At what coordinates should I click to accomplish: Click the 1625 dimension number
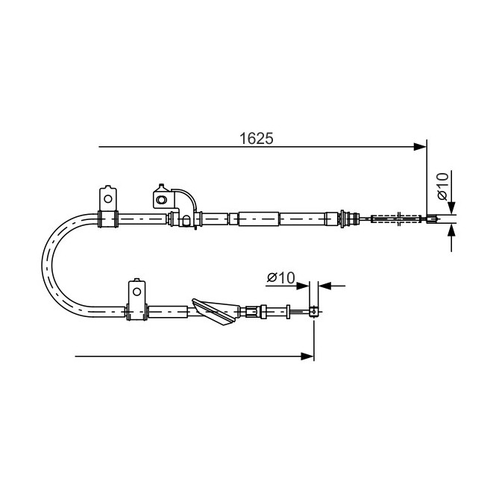256,139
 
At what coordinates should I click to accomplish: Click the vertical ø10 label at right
442,186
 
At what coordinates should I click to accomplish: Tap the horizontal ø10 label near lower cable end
281,277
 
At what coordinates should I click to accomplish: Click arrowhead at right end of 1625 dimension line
419,147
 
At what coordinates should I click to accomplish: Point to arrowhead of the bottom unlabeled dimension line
307,356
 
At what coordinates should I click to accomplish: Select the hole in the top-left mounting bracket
108,199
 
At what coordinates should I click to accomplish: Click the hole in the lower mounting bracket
136,292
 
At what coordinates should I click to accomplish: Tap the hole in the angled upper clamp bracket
162,200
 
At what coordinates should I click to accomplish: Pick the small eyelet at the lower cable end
313,312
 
